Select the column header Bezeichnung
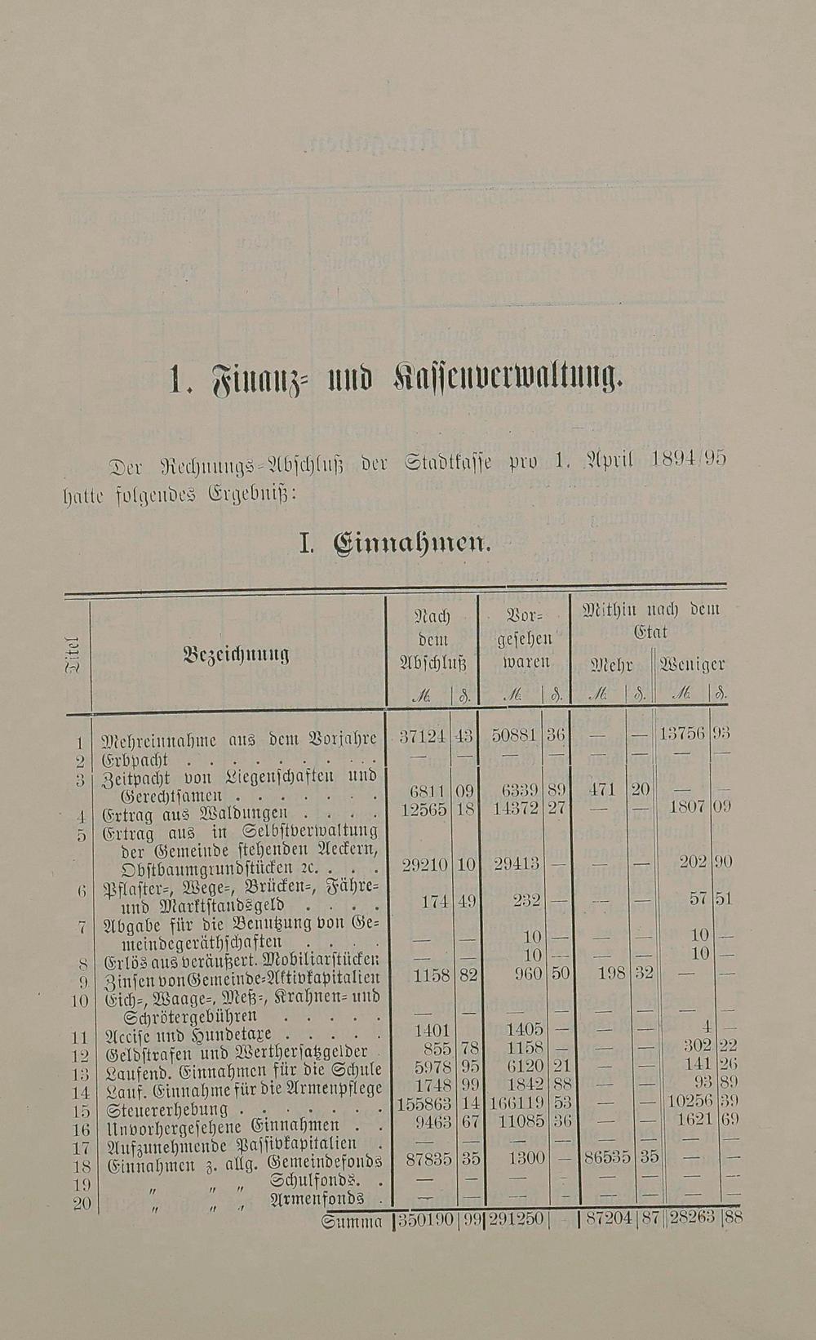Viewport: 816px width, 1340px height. click(237, 654)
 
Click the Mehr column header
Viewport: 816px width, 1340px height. click(611, 664)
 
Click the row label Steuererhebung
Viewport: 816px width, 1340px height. click(167, 1111)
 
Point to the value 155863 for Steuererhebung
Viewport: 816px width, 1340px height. click(422, 1103)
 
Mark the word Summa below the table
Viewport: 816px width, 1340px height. click(353, 1222)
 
